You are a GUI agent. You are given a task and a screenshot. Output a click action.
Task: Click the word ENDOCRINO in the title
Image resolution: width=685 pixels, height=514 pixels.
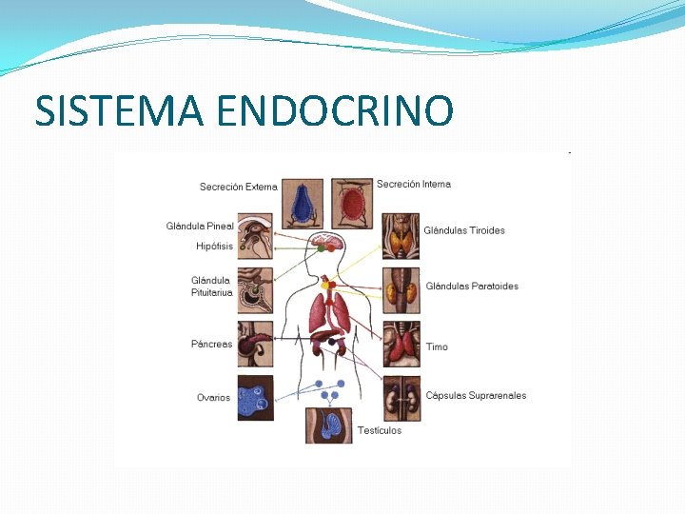coord(335,110)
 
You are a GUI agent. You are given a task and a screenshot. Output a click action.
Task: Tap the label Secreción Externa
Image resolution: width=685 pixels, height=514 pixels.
coord(238,187)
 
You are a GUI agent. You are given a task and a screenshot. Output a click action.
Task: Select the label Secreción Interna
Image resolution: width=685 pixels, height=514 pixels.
coord(414,184)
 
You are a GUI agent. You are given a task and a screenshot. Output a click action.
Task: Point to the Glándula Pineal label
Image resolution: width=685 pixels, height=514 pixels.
coord(200,227)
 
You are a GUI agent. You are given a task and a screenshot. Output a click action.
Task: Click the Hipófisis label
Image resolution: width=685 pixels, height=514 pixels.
coord(214,247)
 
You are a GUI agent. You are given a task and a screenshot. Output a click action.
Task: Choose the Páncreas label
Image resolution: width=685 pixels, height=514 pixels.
coord(211,345)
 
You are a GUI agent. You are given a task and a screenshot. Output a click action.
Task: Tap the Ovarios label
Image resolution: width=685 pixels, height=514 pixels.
coord(213,398)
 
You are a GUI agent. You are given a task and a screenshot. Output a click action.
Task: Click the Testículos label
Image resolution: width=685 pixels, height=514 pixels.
coord(380,430)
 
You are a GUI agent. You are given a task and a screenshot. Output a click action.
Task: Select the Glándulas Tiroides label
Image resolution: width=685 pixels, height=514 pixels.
coord(464,230)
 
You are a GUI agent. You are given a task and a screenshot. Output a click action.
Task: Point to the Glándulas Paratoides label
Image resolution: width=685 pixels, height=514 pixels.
coord(472,287)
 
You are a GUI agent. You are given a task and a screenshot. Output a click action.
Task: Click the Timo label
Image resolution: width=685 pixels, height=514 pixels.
coord(437,346)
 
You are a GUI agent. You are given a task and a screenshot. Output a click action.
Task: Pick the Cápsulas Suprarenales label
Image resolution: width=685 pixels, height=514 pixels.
coord(476,396)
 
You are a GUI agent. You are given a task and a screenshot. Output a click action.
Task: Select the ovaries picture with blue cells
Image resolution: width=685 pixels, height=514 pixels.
coord(255,398)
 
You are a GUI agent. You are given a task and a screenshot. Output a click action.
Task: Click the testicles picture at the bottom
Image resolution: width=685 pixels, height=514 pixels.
coord(328,425)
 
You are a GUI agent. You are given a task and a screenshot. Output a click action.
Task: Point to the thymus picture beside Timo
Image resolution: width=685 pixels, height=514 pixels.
coord(401,345)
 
